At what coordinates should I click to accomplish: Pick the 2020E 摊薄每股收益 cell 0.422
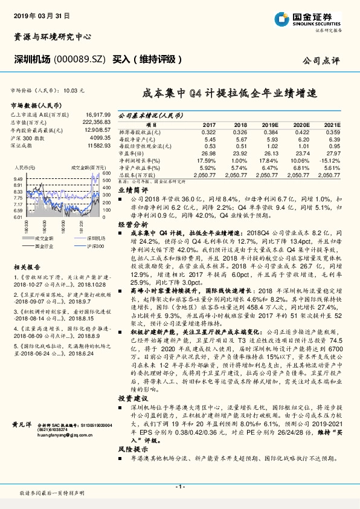(x=303, y=131)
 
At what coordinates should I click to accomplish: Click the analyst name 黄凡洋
(x=21, y=426)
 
